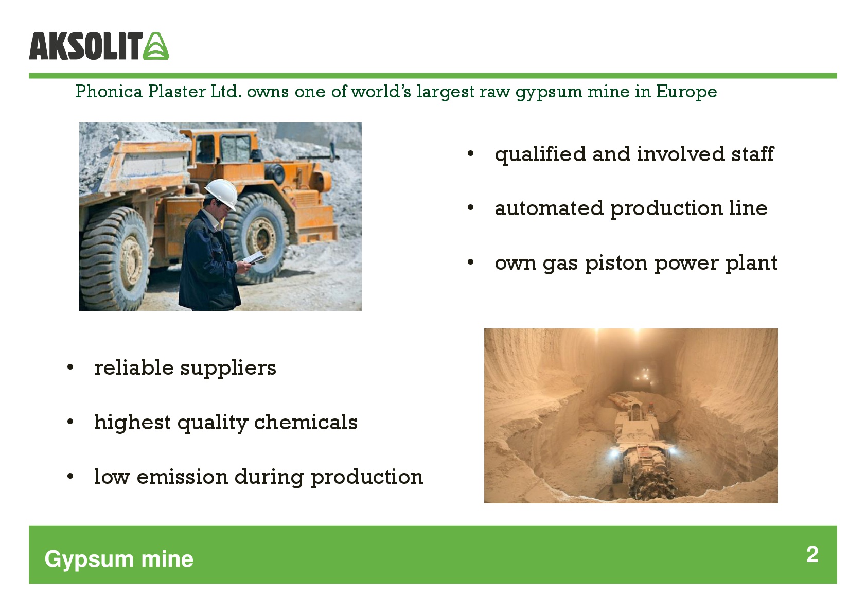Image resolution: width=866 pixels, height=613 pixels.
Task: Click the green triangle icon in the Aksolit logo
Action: click(x=156, y=46)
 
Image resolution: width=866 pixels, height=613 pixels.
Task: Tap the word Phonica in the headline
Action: click(x=109, y=92)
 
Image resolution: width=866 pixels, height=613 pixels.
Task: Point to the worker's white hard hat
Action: click(x=222, y=193)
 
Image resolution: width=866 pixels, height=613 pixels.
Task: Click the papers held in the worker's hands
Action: click(x=254, y=257)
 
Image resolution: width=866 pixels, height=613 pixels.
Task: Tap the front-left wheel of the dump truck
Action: click(x=115, y=258)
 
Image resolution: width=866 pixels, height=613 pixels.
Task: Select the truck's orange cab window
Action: click(x=235, y=149)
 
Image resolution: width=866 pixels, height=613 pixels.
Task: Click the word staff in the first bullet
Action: click(x=753, y=154)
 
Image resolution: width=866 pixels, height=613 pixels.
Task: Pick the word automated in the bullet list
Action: click(x=549, y=208)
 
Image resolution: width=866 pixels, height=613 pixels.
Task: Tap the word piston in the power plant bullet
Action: click(x=616, y=264)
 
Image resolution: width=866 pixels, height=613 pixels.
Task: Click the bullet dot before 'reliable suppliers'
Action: click(x=70, y=367)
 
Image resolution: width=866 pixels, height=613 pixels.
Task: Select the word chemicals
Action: click(x=306, y=422)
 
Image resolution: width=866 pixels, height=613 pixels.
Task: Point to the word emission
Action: click(x=182, y=477)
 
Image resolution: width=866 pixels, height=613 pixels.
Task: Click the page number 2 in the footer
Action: click(x=812, y=554)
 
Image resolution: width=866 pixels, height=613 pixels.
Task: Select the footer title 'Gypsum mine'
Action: click(x=119, y=559)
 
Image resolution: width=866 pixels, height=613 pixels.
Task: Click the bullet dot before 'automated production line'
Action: click(x=470, y=208)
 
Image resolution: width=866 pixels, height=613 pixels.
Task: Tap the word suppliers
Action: click(x=228, y=368)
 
